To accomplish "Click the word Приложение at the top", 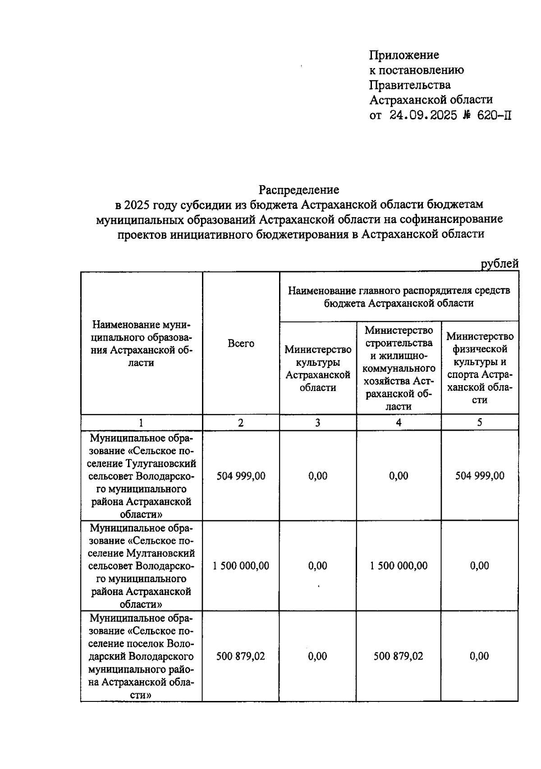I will (x=404, y=55).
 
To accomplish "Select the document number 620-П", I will (x=495, y=115).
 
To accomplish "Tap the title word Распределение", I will (x=298, y=190).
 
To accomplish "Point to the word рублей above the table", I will (x=500, y=264).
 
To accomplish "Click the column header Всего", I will (x=241, y=344).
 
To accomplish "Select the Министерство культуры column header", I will (x=318, y=368).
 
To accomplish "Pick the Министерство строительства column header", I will (x=399, y=368).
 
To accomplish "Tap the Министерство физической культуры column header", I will (x=480, y=368).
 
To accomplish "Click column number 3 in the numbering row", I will (x=318, y=423).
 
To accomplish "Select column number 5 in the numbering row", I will (x=480, y=423).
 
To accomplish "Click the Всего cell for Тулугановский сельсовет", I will (x=241, y=476).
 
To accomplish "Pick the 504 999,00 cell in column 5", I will (x=480, y=476).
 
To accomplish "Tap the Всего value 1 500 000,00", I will (x=241, y=566).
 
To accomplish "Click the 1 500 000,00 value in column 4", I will (x=399, y=566).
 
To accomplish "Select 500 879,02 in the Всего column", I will (x=241, y=656).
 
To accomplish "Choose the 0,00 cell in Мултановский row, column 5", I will (x=480, y=566).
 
